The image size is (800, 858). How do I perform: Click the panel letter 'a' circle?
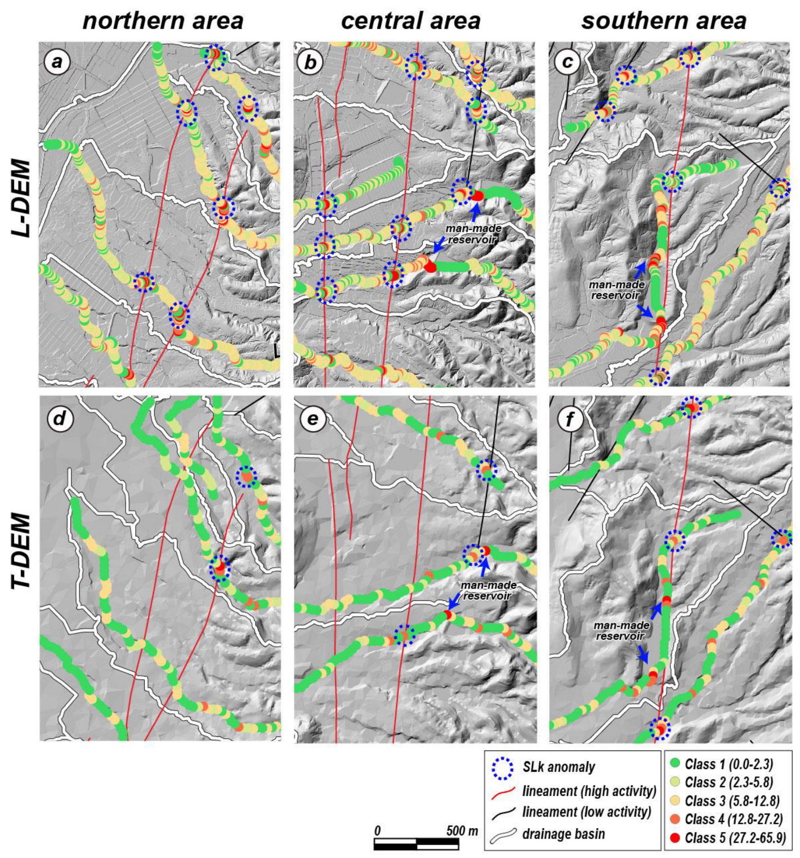tap(57, 61)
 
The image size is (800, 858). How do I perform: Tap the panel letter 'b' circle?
tap(310, 62)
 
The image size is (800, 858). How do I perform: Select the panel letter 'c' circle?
tap(567, 62)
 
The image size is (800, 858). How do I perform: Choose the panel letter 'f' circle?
tap(570, 419)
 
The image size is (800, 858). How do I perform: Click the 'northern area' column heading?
tap(163, 21)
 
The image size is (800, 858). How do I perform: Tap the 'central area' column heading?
tap(410, 21)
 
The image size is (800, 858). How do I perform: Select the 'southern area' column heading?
tap(664, 21)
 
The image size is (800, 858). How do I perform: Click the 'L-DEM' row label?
tap(21, 197)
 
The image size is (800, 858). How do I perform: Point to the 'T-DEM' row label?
tap(21, 551)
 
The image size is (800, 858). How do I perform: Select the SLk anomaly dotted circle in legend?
tap(502, 767)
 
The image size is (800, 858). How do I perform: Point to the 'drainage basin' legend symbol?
tap(503, 835)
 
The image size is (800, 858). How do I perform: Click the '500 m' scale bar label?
tap(462, 830)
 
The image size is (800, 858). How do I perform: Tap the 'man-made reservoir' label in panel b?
tap(473, 234)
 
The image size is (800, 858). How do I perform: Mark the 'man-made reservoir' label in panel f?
tap(621, 631)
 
